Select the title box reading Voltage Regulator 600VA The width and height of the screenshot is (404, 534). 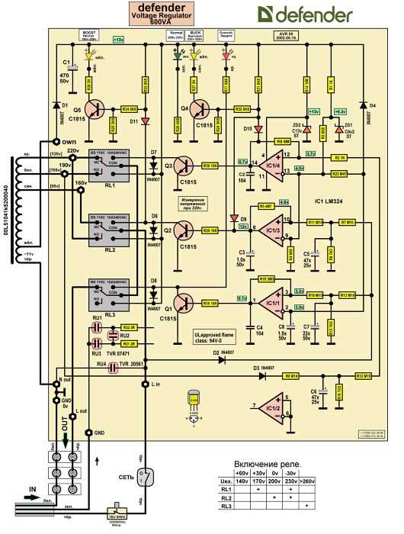tap(166, 14)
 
